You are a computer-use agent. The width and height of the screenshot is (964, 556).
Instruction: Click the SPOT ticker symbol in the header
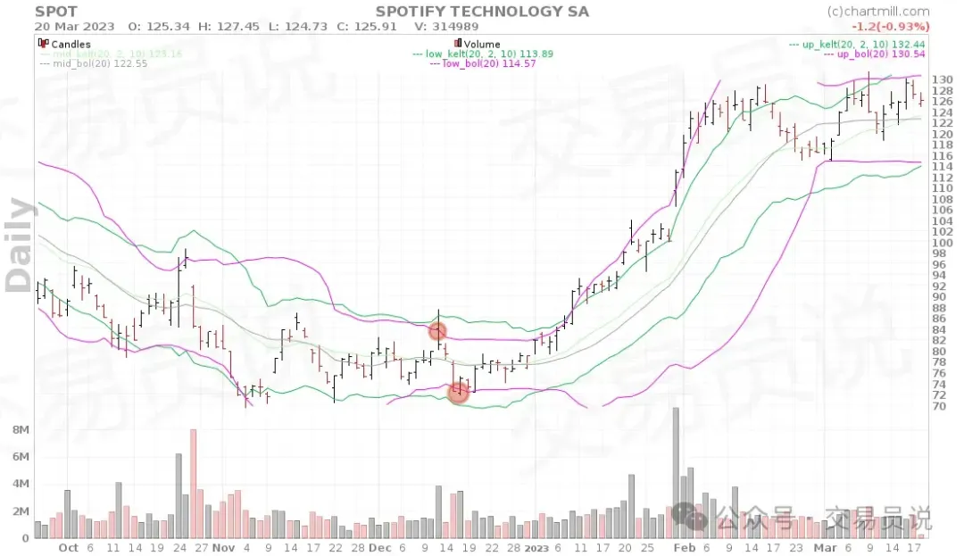(56, 12)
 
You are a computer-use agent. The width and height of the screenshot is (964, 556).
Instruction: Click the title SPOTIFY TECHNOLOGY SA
(482, 12)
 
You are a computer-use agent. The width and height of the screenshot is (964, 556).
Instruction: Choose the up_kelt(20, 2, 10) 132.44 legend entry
(858, 44)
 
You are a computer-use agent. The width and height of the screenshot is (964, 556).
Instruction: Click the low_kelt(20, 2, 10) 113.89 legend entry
(483, 54)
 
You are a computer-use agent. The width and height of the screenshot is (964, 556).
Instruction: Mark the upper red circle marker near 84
(437, 331)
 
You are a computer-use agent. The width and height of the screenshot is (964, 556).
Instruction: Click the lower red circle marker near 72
(458, 391)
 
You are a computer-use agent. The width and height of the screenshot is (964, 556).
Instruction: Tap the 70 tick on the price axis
(938, 406)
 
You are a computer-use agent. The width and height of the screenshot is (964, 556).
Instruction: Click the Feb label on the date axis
(685, 548)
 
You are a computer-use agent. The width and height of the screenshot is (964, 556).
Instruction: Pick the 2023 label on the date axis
(536, 548)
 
